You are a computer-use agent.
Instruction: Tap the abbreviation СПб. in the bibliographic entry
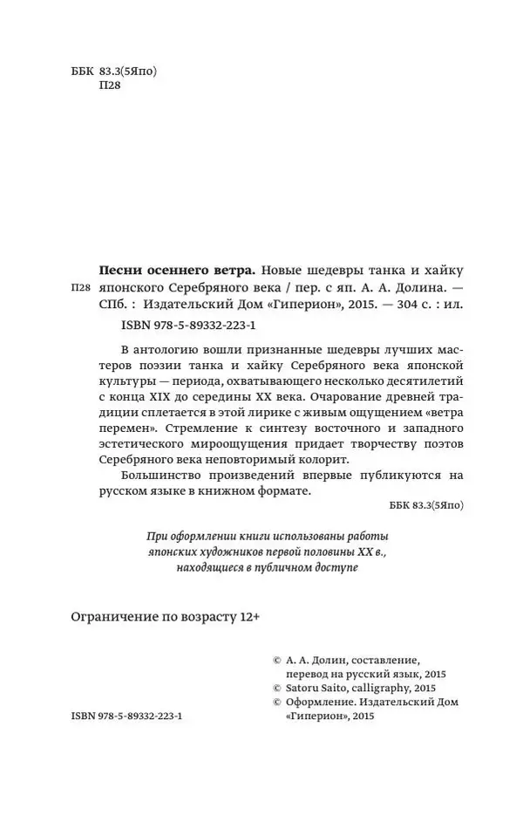(108, 306)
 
